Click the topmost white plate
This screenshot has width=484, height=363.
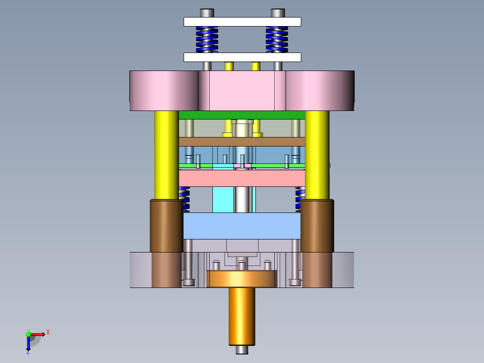tap(242, 22)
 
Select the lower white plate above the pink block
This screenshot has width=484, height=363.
tap(242, 57)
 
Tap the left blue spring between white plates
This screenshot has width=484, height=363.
tap(207, 40)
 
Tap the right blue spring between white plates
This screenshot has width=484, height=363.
tap(277, 40)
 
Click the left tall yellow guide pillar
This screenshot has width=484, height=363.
tap(166, 155)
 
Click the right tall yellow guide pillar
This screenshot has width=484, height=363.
tap(317, 155)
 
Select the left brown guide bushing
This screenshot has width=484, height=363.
tap(166, 226)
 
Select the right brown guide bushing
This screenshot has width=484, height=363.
tap(317, 226)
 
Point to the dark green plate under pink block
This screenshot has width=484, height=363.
tap(242, 115)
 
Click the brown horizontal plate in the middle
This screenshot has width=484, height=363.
tap(242, 142)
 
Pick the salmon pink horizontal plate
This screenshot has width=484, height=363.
tap(242, 178)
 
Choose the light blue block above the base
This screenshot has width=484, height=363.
tap(242, 226)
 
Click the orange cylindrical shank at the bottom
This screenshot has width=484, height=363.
tap(242, 317)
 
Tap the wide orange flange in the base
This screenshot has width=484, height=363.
tap(242, 279)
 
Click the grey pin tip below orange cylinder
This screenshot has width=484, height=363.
tap(242, 350)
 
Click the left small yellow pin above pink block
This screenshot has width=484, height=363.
tap(229, 66)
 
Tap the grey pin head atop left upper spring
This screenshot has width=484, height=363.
tap(207, 13)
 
